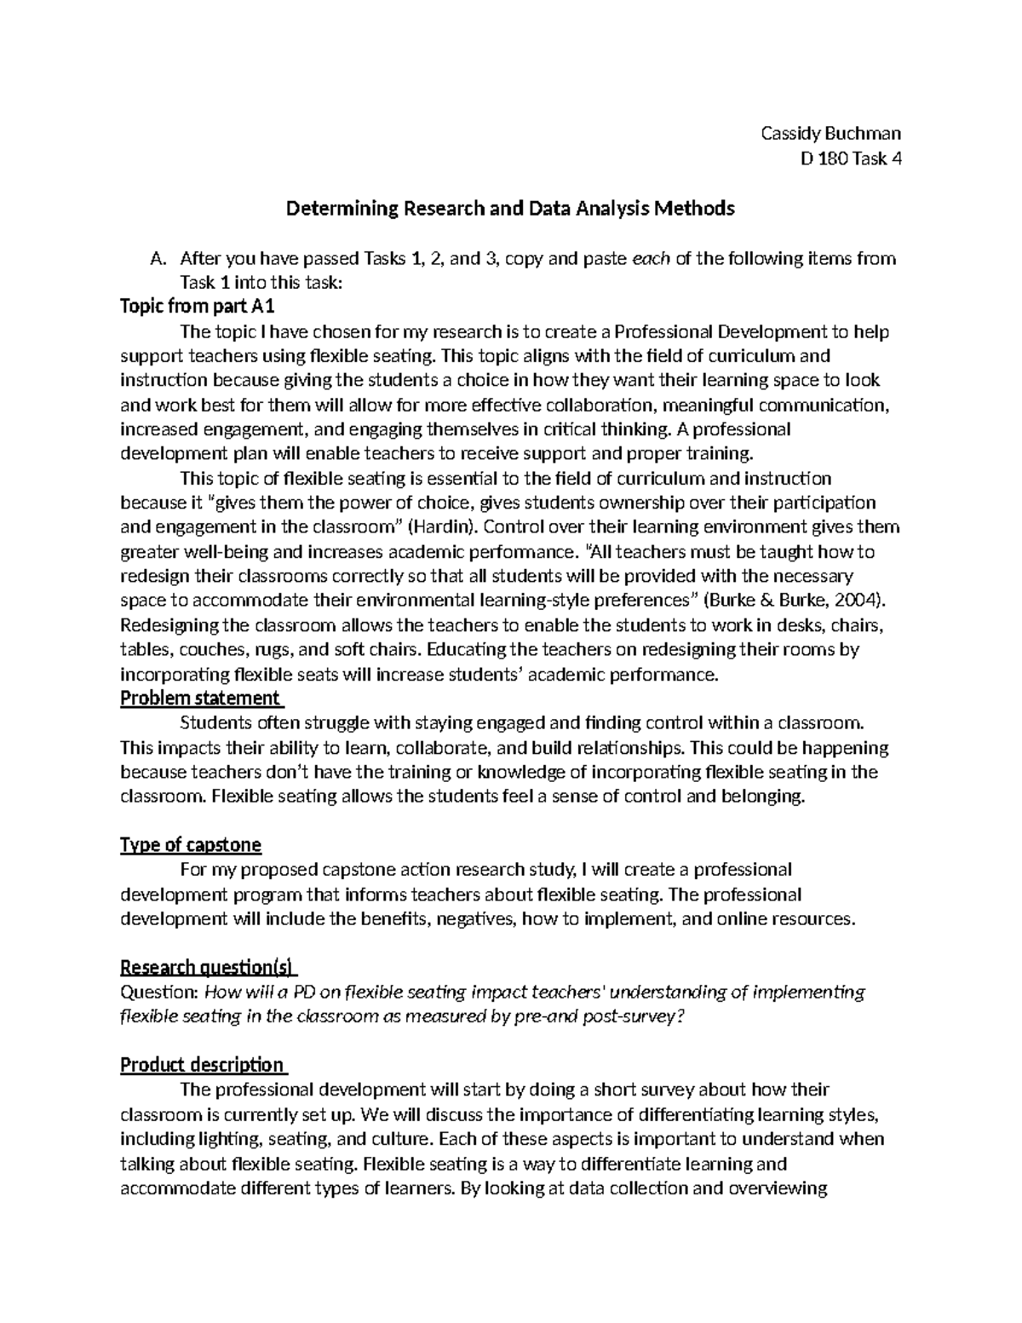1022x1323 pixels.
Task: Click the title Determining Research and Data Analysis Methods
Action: click(510, 208)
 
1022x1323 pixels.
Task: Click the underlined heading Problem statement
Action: click(201, 699)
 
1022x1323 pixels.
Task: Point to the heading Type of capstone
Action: click(191, 845)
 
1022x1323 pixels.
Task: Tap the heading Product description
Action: click(203, 1065)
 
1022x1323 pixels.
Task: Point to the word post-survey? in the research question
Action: click(639, 1017)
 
